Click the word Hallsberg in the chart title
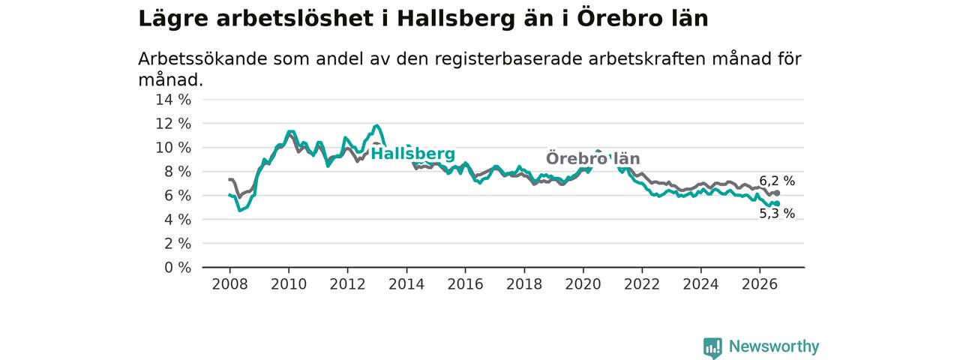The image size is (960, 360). coord(456,19)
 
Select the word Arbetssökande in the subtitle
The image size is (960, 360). coord(202,58)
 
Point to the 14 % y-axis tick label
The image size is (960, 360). coord(173,100)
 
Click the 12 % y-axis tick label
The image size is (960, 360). coord(173,124)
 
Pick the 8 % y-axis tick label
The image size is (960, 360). coord(178,172)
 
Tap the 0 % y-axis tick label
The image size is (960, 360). coord(178,268)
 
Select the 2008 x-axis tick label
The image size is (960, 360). coord(229,284)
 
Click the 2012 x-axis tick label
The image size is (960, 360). coord(347,284)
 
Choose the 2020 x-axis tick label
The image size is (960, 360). coord(583,284)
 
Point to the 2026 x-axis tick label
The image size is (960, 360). coord(760,284)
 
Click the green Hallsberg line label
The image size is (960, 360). coord(412,154)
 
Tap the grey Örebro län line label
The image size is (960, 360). coord(593,158)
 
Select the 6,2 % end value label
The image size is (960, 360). coord(777,181)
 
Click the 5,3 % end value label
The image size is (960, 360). coord(777,214)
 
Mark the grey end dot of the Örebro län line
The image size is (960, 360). coord(777,193)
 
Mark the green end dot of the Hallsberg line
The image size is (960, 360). coord(777,203)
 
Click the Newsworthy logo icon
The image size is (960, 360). coord(712,347)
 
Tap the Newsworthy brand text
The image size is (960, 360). coord(774,346)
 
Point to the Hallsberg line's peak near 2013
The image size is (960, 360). coord(377,125)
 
